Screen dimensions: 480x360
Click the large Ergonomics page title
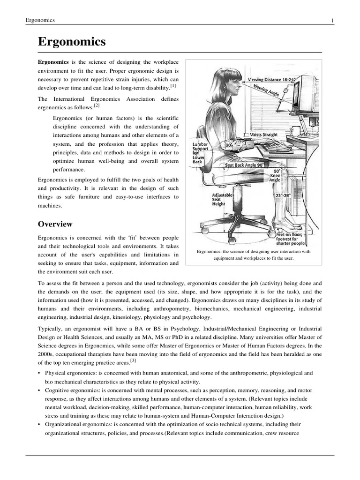pos(72,42)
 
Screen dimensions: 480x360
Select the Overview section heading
pos(55,224)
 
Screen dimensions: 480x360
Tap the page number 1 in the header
pos(332,20)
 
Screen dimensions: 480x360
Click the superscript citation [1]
pos(173,86)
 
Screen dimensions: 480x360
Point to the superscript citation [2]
pos(97,105)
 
